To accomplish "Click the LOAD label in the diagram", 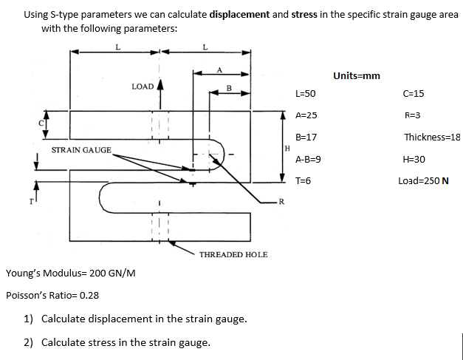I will [142, 86].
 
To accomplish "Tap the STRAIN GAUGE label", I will [81, 150].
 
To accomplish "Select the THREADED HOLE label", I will [233, 254].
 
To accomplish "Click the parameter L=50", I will [305, 94].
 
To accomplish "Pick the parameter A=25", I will [306, 115].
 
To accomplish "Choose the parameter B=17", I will [306, 137].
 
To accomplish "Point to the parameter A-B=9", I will [308, 159].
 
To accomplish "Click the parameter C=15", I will [414, 94].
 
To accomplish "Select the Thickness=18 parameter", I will [432, 137].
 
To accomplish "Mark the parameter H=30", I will [414, 159].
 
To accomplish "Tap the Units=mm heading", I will [357, 75].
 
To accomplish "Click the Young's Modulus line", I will [70, 274].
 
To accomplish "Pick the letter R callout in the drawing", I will [281, 201].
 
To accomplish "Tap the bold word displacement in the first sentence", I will [239, 14].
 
